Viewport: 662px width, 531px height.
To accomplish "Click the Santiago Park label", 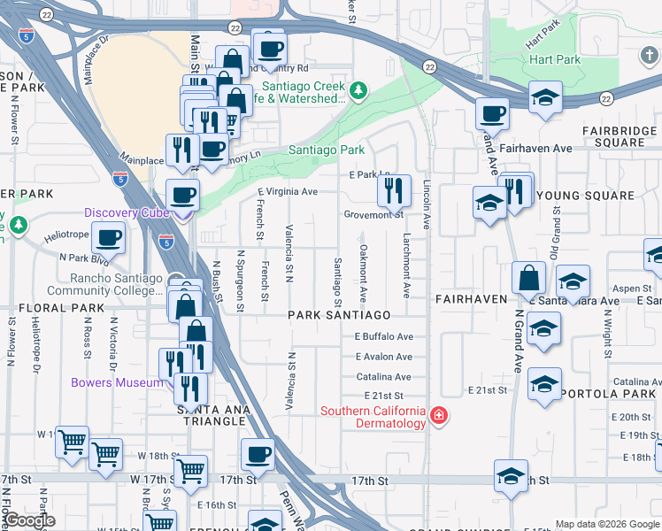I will tap(327, 150).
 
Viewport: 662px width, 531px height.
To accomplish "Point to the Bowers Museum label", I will tap(119, 382).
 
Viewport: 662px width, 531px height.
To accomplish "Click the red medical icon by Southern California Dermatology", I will tap(437, 416).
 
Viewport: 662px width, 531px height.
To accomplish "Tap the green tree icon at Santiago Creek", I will tap(358, 90).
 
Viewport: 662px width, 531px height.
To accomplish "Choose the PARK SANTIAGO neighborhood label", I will tap(340, 315).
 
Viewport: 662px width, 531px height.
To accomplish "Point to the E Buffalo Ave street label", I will tap(384, 337).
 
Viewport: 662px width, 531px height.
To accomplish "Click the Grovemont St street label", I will tap(373, 215).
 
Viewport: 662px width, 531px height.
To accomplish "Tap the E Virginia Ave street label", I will tap(287, 191).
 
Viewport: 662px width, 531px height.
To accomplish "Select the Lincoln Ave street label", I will tap(426, 206).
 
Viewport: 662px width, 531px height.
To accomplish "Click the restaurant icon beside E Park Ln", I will tap(394, 189).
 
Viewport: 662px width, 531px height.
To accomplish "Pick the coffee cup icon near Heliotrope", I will tap(108, 237).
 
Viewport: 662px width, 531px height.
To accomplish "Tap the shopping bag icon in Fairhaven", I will tap(528, 277).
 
